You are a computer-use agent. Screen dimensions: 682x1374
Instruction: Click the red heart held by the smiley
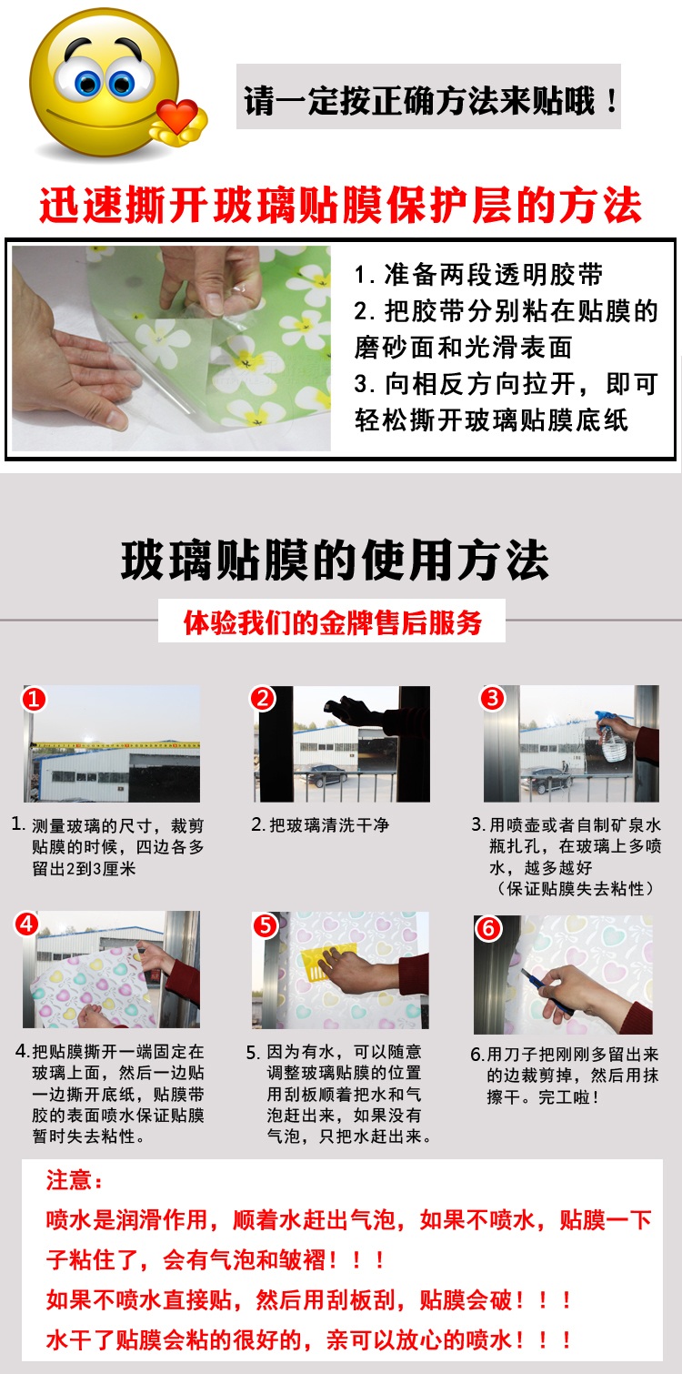point(176,115)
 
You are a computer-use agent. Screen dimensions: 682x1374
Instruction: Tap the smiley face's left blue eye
point(87,82)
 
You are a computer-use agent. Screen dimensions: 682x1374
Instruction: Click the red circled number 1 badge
point(34,699)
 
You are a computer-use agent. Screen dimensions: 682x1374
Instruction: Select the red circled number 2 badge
point(263,698)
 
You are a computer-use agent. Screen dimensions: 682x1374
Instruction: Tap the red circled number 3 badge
point(493,698)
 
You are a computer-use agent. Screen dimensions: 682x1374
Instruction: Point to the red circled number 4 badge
point(26,924)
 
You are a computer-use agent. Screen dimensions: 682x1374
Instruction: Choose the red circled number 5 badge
point(266,925)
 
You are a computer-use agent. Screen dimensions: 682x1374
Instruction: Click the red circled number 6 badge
point(488,928)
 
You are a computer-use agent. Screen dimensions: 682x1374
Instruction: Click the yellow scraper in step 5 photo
point(335,962)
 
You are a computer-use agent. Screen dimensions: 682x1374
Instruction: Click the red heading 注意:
point(75,1180)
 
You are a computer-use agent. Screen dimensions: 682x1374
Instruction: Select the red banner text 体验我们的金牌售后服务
point(332,622)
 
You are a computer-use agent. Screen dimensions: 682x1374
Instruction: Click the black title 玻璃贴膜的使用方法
point(335,560)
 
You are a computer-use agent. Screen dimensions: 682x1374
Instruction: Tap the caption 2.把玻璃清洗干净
point(320,825)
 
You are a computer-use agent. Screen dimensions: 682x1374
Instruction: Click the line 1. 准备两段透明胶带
point(478,274)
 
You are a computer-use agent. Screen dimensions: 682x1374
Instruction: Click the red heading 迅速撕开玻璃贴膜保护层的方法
point(341,205)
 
